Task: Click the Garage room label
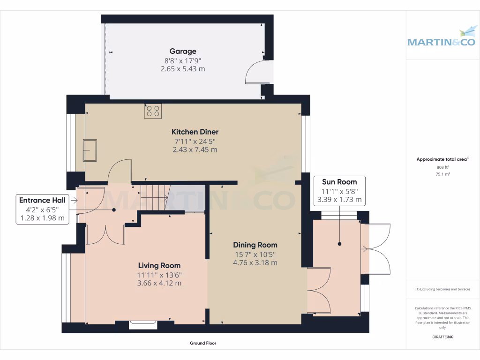tap(183, 52)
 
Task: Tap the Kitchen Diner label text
tap(195, 132)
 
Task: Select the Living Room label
tap(159, 265)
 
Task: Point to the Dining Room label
tap(255, 245)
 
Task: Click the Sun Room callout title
tap(339, 182)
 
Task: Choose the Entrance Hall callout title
tap(42, 200)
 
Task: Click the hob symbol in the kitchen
tap(153, 111)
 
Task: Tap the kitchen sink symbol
tap(90, 150)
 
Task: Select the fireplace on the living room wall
tap(143, 325)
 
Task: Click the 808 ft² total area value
tap(442, 167)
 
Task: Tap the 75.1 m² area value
tap(442, 174)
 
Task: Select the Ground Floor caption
tap(203, 343)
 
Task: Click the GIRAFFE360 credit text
tap(442, 337)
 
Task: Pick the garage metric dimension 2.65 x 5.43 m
tap(183, 69)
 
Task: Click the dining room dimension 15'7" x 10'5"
tap(255, 255)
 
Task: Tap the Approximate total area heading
tap(442, 159)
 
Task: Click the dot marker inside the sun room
tap(339, 244)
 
